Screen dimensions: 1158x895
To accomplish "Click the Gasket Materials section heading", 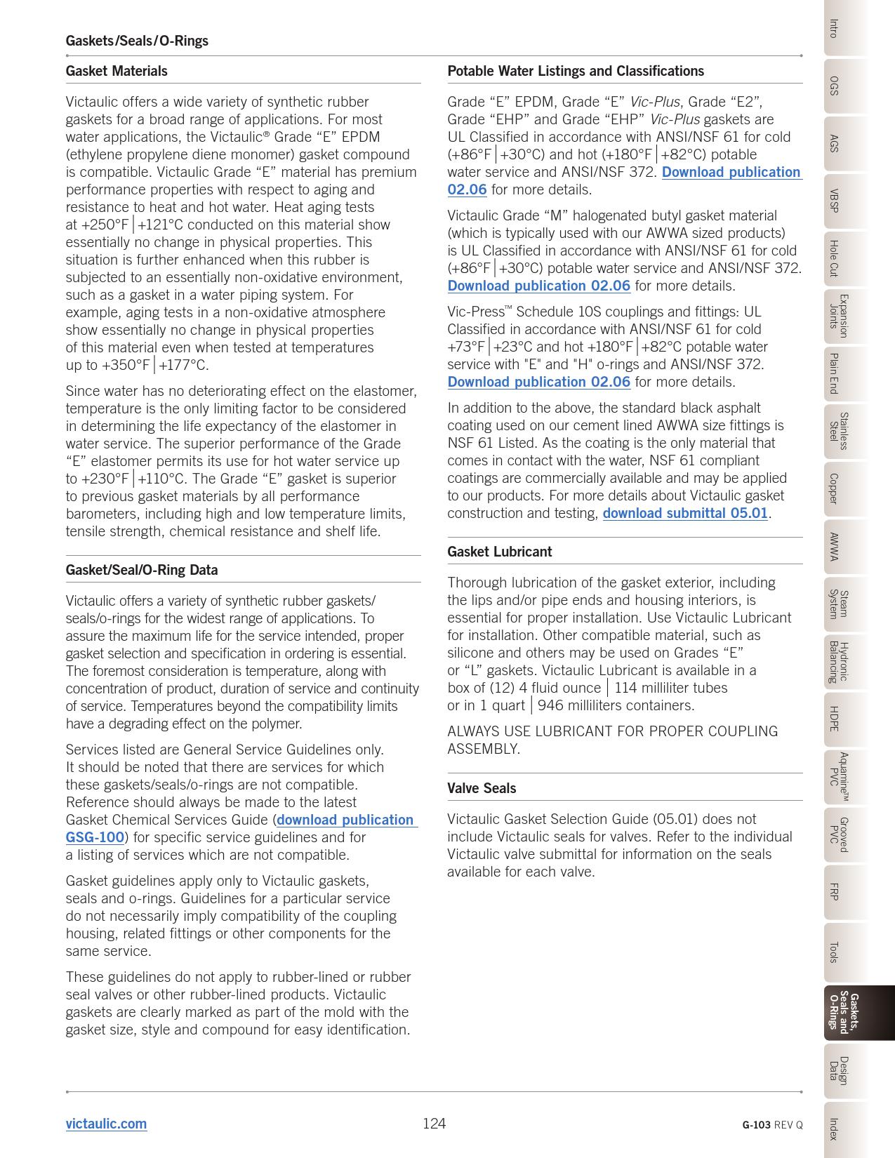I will coord(117,71).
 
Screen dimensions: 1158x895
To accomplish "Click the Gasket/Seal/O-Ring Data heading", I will coord(142,570).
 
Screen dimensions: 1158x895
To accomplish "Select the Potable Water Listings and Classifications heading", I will coord(576,71).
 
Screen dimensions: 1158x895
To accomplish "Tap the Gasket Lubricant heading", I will coord(500,552).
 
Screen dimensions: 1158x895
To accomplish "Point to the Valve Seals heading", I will coord(482,788).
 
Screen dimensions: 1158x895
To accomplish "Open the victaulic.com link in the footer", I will coord(106,1124).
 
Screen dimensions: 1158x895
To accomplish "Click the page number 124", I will coord(434,1124).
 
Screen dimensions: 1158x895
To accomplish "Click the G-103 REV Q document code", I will coord(772,1125).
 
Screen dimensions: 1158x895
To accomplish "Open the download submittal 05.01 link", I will coord(685,513).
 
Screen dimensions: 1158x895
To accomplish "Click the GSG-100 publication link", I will coord(95,837).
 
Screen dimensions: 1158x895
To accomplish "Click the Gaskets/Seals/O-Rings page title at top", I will coord(137,41).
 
